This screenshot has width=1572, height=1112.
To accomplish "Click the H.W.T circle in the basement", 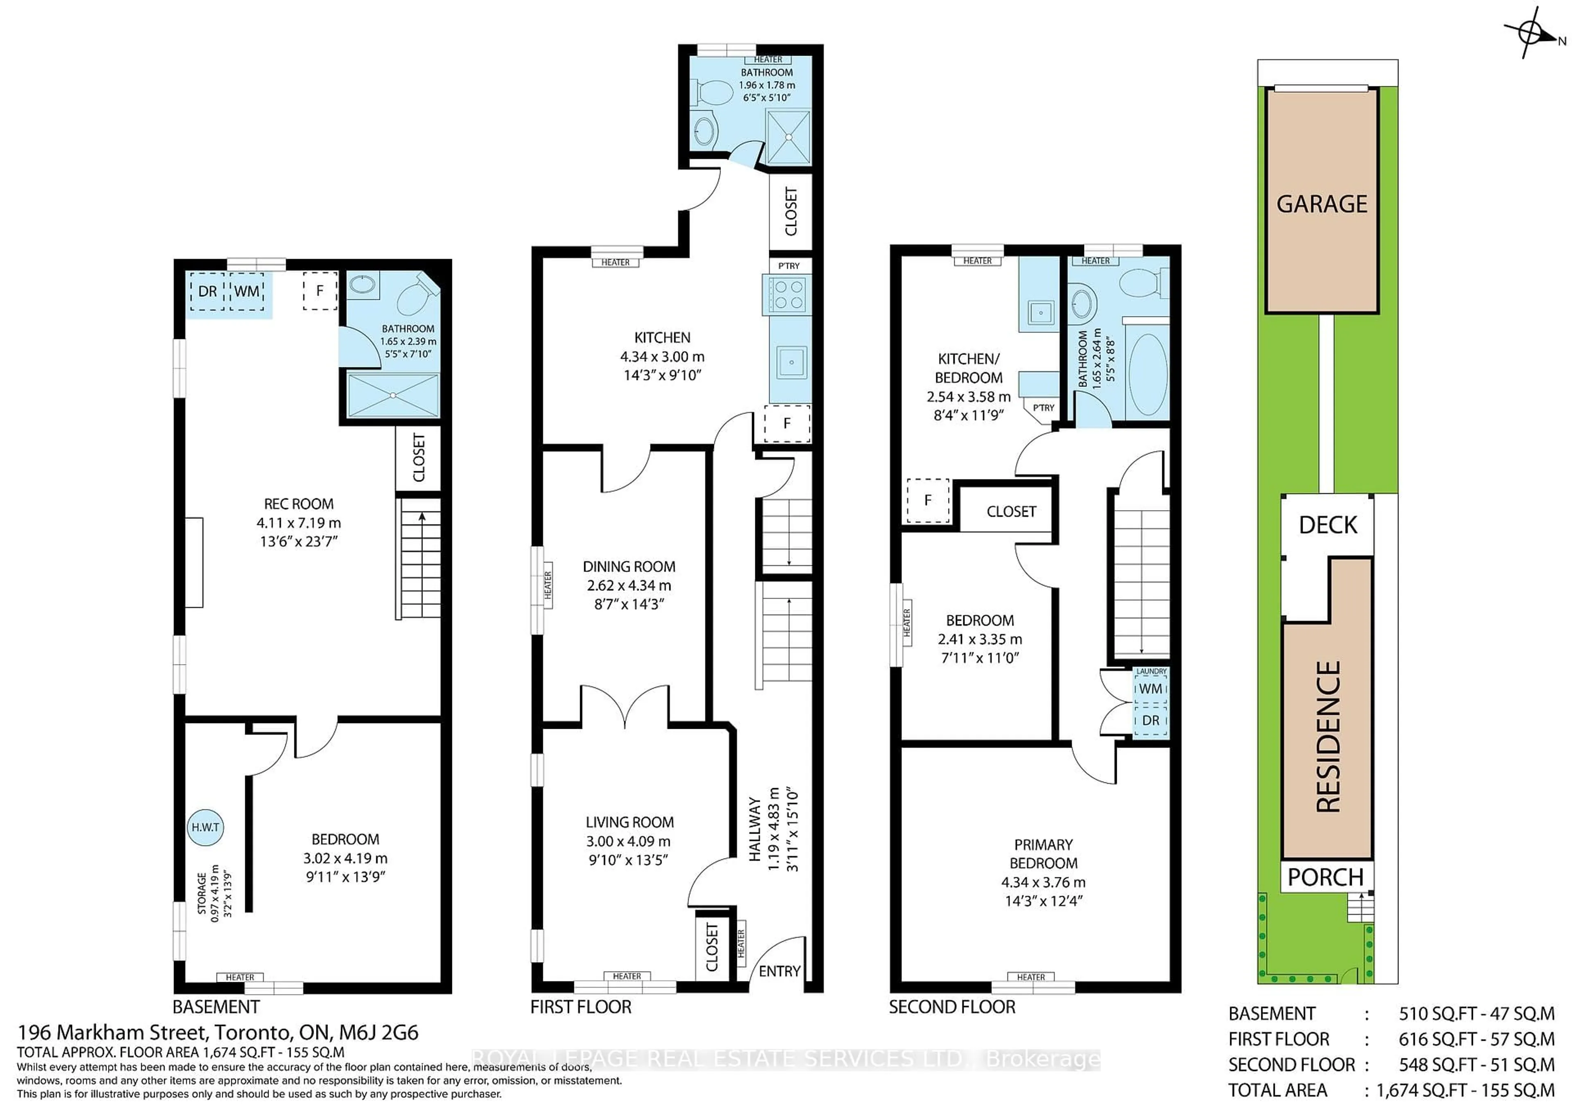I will [x=206, y=827].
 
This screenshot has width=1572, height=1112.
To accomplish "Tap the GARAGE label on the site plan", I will [x=1321, y=204].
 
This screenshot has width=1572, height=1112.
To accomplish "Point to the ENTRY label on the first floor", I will [x=779, y=971].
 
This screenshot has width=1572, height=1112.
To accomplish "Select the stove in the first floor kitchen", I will [x=787, y=294].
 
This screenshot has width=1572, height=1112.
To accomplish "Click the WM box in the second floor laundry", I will [x=1150, y=689].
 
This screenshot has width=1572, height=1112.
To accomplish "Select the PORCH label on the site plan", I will [x=1326, y=877].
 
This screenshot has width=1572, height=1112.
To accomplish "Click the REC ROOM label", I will [x=298, y=504].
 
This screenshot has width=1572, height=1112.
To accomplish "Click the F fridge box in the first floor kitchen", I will [x=787, y=424].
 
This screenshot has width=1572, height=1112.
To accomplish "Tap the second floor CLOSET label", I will [x=1011, y=511].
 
